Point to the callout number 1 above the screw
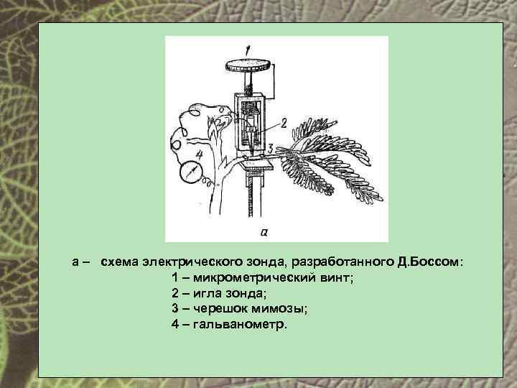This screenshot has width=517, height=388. click(x=246, y=50)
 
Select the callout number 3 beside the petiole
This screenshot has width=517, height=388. click(x=269, y=147)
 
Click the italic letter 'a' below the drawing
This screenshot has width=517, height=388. click(x=264, y=231)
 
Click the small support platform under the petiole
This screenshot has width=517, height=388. click(x=256, y=166)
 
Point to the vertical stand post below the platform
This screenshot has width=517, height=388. click(x=251, y=205)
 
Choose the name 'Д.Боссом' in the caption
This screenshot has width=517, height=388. click(x=428, y=262)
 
